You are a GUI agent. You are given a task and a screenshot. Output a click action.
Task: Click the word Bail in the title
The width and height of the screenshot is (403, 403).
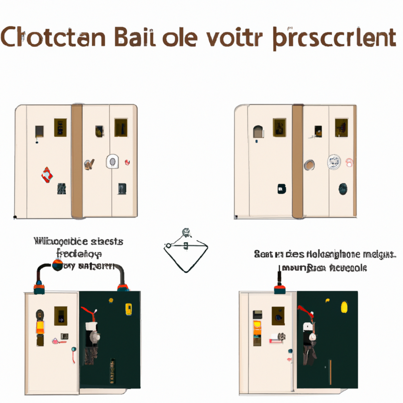pos(134,37)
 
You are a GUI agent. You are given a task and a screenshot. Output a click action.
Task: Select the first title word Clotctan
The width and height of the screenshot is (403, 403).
pos(53,37)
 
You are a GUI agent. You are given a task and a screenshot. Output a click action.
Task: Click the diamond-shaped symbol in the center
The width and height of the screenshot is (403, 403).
pos(186,251)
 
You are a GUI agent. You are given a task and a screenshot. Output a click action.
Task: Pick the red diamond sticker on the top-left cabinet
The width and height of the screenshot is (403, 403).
pos(47,175)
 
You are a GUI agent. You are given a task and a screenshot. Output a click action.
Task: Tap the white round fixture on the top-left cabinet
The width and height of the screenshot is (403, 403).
pos(112,162)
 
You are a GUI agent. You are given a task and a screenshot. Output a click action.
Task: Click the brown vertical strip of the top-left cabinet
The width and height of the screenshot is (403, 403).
pos(77,161)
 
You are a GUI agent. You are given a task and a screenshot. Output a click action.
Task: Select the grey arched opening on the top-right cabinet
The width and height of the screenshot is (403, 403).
pos(258,131)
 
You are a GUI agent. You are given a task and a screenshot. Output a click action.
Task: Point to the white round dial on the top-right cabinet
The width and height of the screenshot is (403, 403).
pos(334,162)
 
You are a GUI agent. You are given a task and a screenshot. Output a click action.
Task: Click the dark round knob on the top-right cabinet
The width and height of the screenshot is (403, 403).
pos(343,188)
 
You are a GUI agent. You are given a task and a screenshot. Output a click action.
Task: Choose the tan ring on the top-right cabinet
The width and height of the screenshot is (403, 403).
pos(309,165)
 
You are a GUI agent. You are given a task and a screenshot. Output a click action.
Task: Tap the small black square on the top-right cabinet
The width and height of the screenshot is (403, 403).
pos(281,188)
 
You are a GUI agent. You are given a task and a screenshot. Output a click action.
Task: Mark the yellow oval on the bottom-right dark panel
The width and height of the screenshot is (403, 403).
pos(344,307)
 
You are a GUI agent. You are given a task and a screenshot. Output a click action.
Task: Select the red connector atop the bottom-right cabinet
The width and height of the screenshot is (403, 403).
pos(279,290)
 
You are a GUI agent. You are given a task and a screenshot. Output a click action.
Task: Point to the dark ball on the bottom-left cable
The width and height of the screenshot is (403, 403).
pos(57,265)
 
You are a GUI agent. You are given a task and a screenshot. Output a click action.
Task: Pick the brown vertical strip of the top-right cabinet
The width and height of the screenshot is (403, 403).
pos(297,161)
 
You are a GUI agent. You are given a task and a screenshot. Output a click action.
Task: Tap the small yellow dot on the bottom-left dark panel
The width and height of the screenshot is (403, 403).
pos(111,300)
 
